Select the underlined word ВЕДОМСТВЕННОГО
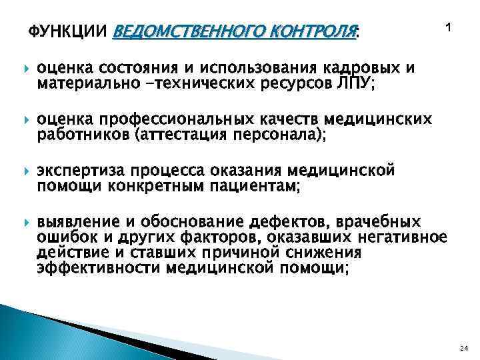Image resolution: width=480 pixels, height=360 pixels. point(181,31)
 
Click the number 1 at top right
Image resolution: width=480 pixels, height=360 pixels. point(448,28)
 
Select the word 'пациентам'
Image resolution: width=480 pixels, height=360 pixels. point(256,187)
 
